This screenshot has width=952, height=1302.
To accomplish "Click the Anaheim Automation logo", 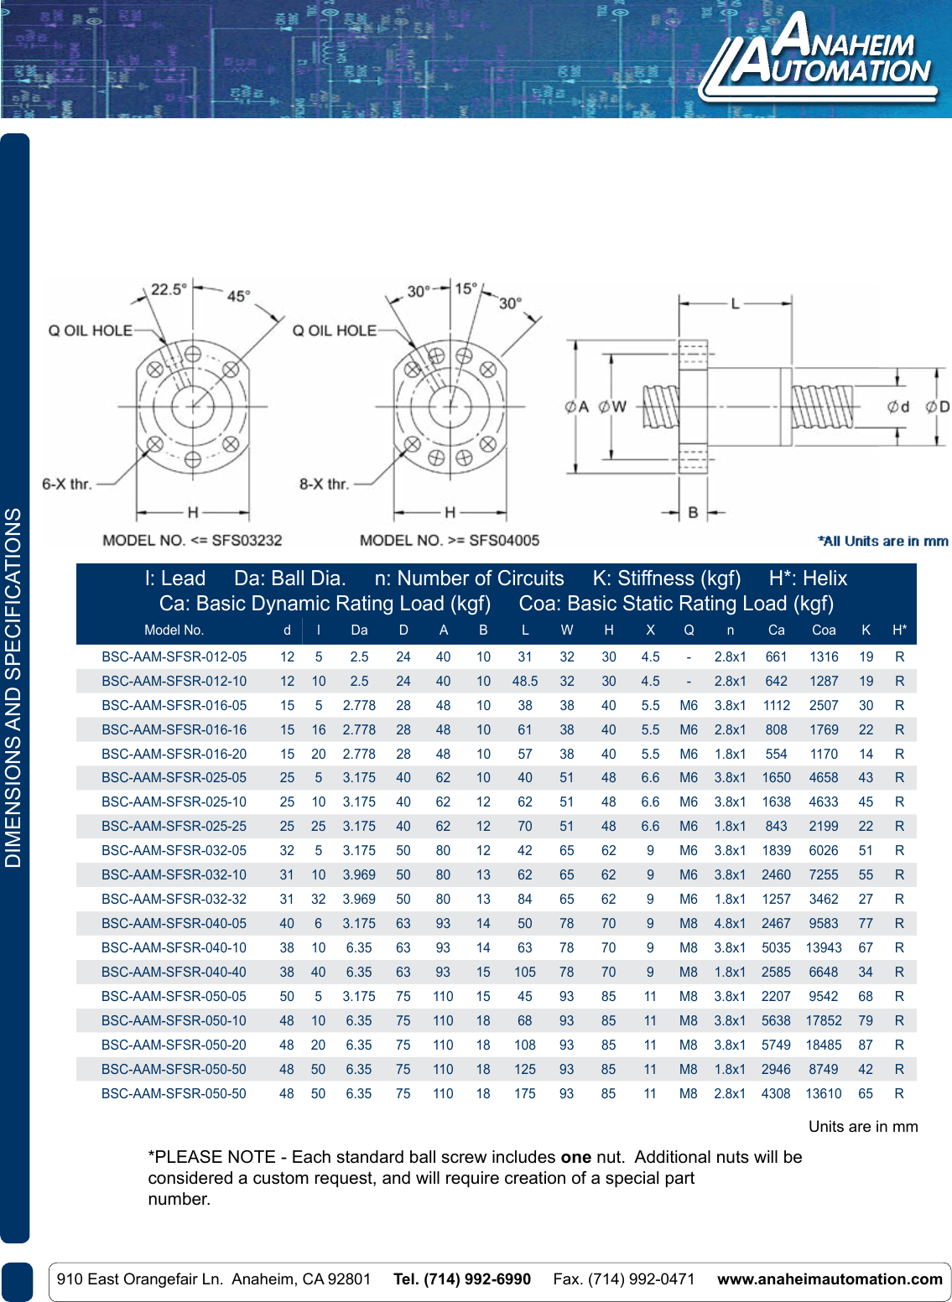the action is [819, 57].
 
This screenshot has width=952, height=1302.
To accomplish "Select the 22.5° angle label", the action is [169, 289].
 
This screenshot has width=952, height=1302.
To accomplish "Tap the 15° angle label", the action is [466, 289].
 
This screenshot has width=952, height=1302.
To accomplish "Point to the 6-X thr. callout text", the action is [67, 484].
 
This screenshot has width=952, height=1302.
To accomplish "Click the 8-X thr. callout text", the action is [324, 484].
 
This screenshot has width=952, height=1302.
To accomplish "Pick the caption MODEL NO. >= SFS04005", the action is [450, 541].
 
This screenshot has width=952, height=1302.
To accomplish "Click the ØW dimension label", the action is [612, 407].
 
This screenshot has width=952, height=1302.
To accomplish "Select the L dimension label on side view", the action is [735, 303].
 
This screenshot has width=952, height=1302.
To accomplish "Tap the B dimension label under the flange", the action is [693, 512].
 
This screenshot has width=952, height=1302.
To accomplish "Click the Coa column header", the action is [824, 630].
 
